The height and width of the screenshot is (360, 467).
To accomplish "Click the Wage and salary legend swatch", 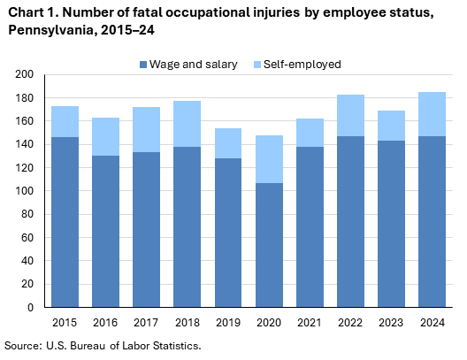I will click(x=143, y=65).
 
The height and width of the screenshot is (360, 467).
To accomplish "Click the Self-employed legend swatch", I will click(x=257, y=65).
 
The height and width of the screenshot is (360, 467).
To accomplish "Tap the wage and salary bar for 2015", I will click(x=65, y=222).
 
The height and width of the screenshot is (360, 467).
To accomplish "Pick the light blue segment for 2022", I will click(x=351, y=115).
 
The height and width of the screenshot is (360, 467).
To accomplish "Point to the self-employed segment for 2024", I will click(x=433, y=114).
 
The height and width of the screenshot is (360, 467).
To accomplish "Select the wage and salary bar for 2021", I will click(x=310, y=226).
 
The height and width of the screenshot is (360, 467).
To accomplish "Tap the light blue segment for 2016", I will click(x=106, y=136).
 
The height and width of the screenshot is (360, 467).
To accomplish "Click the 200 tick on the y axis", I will click(x=25, y=74).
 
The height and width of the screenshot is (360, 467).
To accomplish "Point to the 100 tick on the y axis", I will click(x=25, y=191).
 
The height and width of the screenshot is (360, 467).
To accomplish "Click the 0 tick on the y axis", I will click(x=30, y=308).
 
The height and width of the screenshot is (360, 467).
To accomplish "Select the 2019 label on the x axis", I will click(x=229, y=323).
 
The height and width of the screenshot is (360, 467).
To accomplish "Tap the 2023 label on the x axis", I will click(x=392, y=323).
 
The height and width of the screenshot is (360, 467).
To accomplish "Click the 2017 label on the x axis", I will click(x=147, y=323).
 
